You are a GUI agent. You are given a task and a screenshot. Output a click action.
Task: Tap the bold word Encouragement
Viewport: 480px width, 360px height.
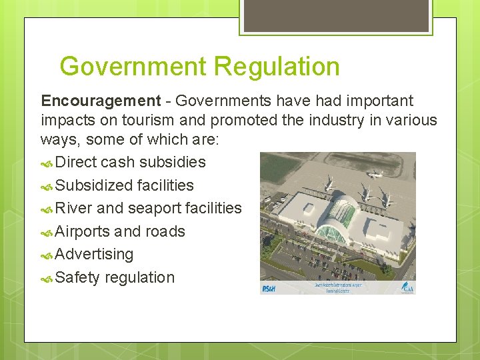point(101,101)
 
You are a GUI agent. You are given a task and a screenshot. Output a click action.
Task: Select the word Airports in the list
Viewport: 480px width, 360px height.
point(83,231)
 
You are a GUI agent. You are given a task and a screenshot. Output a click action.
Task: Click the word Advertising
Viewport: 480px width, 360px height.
point(95,254)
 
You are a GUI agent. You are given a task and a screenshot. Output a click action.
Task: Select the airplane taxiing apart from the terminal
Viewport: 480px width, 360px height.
point(375,175)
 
